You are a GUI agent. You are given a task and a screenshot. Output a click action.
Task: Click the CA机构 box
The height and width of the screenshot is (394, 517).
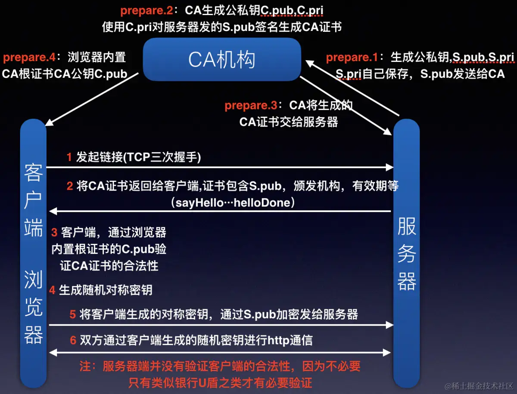coord(221,59)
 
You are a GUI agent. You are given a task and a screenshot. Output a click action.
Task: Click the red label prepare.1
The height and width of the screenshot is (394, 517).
coord(352,57)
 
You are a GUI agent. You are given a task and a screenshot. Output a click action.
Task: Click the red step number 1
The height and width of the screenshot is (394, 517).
coord(69,157)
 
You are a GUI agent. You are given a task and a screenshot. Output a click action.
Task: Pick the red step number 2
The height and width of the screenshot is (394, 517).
coord(69,186)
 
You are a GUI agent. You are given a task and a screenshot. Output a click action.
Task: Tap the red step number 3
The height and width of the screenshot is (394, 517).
coord(54,233)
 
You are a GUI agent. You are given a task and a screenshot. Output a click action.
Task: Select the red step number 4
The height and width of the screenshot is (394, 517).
coord(52,290)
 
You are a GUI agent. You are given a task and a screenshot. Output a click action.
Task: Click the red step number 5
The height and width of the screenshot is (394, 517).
coord(73,314)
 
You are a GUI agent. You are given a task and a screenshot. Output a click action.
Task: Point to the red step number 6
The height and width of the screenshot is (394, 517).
coord(73,340)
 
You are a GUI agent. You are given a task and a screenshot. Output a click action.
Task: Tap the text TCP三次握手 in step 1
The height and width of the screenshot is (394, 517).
coord(162,157)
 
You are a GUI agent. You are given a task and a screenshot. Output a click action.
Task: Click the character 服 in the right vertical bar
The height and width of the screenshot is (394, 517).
coord(406,227)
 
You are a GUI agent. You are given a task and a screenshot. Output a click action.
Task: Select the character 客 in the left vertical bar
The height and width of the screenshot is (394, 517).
coord(34,172)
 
